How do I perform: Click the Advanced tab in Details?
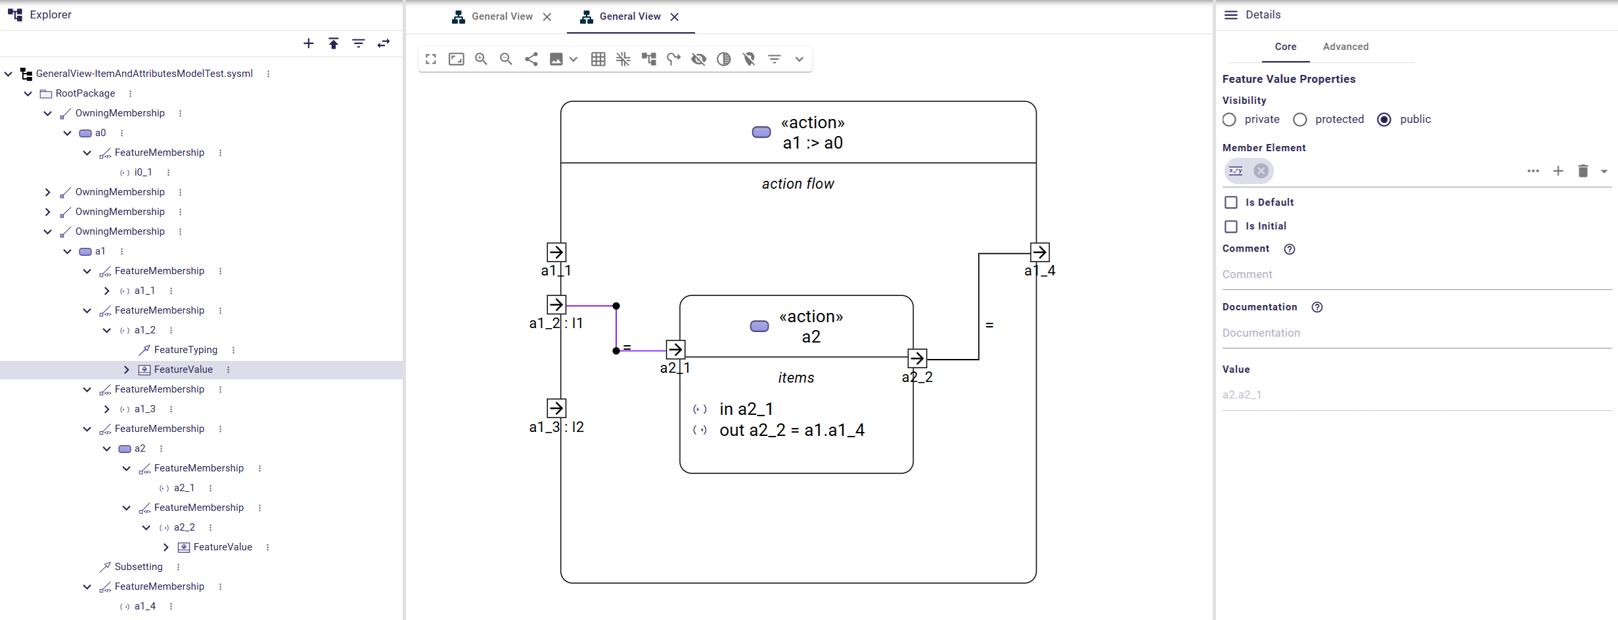1345,47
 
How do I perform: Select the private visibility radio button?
1229,120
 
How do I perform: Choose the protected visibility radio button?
1299,120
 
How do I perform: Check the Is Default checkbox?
1231,203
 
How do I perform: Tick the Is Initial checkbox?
1231,226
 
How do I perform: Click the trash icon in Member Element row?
1583,171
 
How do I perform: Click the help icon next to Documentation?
1316,307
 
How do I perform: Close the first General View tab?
547,17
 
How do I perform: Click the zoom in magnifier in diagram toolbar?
481,59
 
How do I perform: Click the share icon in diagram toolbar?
531,59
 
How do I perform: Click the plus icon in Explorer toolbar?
309,43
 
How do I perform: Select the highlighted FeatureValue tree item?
183,370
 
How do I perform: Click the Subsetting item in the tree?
138,567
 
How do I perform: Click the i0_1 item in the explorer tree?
143,172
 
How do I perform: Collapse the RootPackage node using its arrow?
28,93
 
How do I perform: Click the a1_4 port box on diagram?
1039,252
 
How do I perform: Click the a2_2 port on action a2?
917,358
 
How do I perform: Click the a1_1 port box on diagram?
556,252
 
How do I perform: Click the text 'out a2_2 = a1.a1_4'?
792,430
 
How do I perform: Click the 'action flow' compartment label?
798,184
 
